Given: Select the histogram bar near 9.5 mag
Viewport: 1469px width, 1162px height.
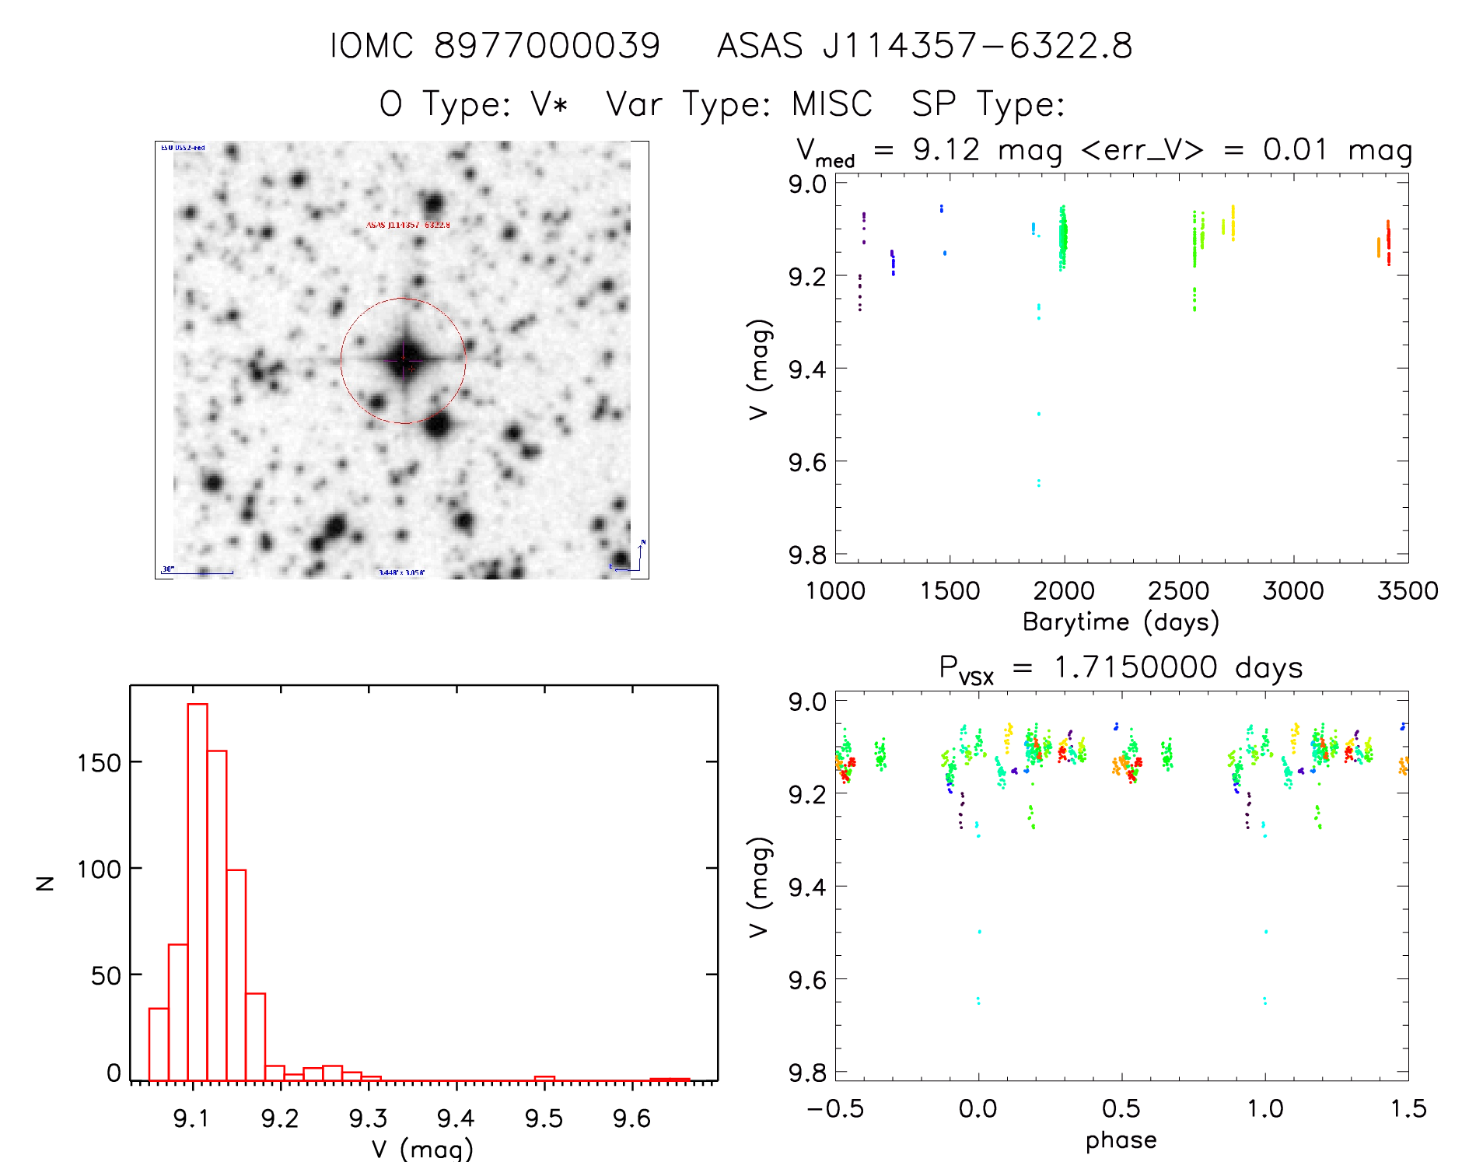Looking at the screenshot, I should click(544, 1078).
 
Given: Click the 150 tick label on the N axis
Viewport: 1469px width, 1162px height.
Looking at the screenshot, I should click(99, 763).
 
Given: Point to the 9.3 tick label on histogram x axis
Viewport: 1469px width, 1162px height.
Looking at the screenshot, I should click(368, 1118).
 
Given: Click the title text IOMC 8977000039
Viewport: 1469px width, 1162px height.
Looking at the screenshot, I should click(495, 46).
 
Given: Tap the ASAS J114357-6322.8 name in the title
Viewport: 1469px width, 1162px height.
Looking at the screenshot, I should click(925, 46).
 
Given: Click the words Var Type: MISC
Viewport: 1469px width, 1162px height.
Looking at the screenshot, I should click(739, 104).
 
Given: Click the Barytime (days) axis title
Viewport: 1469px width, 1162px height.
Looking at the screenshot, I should click(1121, 622).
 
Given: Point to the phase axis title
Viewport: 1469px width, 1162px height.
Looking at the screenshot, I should click(1121, 1140).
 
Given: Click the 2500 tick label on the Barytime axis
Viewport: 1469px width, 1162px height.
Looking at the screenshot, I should click(1178, 591).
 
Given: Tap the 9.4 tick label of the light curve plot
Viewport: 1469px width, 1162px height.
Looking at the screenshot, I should click(806, 369).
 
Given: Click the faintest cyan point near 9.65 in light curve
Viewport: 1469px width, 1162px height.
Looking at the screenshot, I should click(1038, 483).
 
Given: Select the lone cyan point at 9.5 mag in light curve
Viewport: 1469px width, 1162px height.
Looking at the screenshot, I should click(1038, 414).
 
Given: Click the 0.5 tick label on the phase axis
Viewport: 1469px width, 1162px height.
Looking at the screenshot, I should click(1121, 1109).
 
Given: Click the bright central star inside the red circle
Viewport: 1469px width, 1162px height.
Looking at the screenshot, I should click(404, 359).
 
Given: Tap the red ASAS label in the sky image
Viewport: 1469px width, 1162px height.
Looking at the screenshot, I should click(407, 225).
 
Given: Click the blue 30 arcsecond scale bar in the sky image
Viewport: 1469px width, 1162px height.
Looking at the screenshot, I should click(198, 573).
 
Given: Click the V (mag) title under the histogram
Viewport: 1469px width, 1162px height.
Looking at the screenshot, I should click(422, 1148).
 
